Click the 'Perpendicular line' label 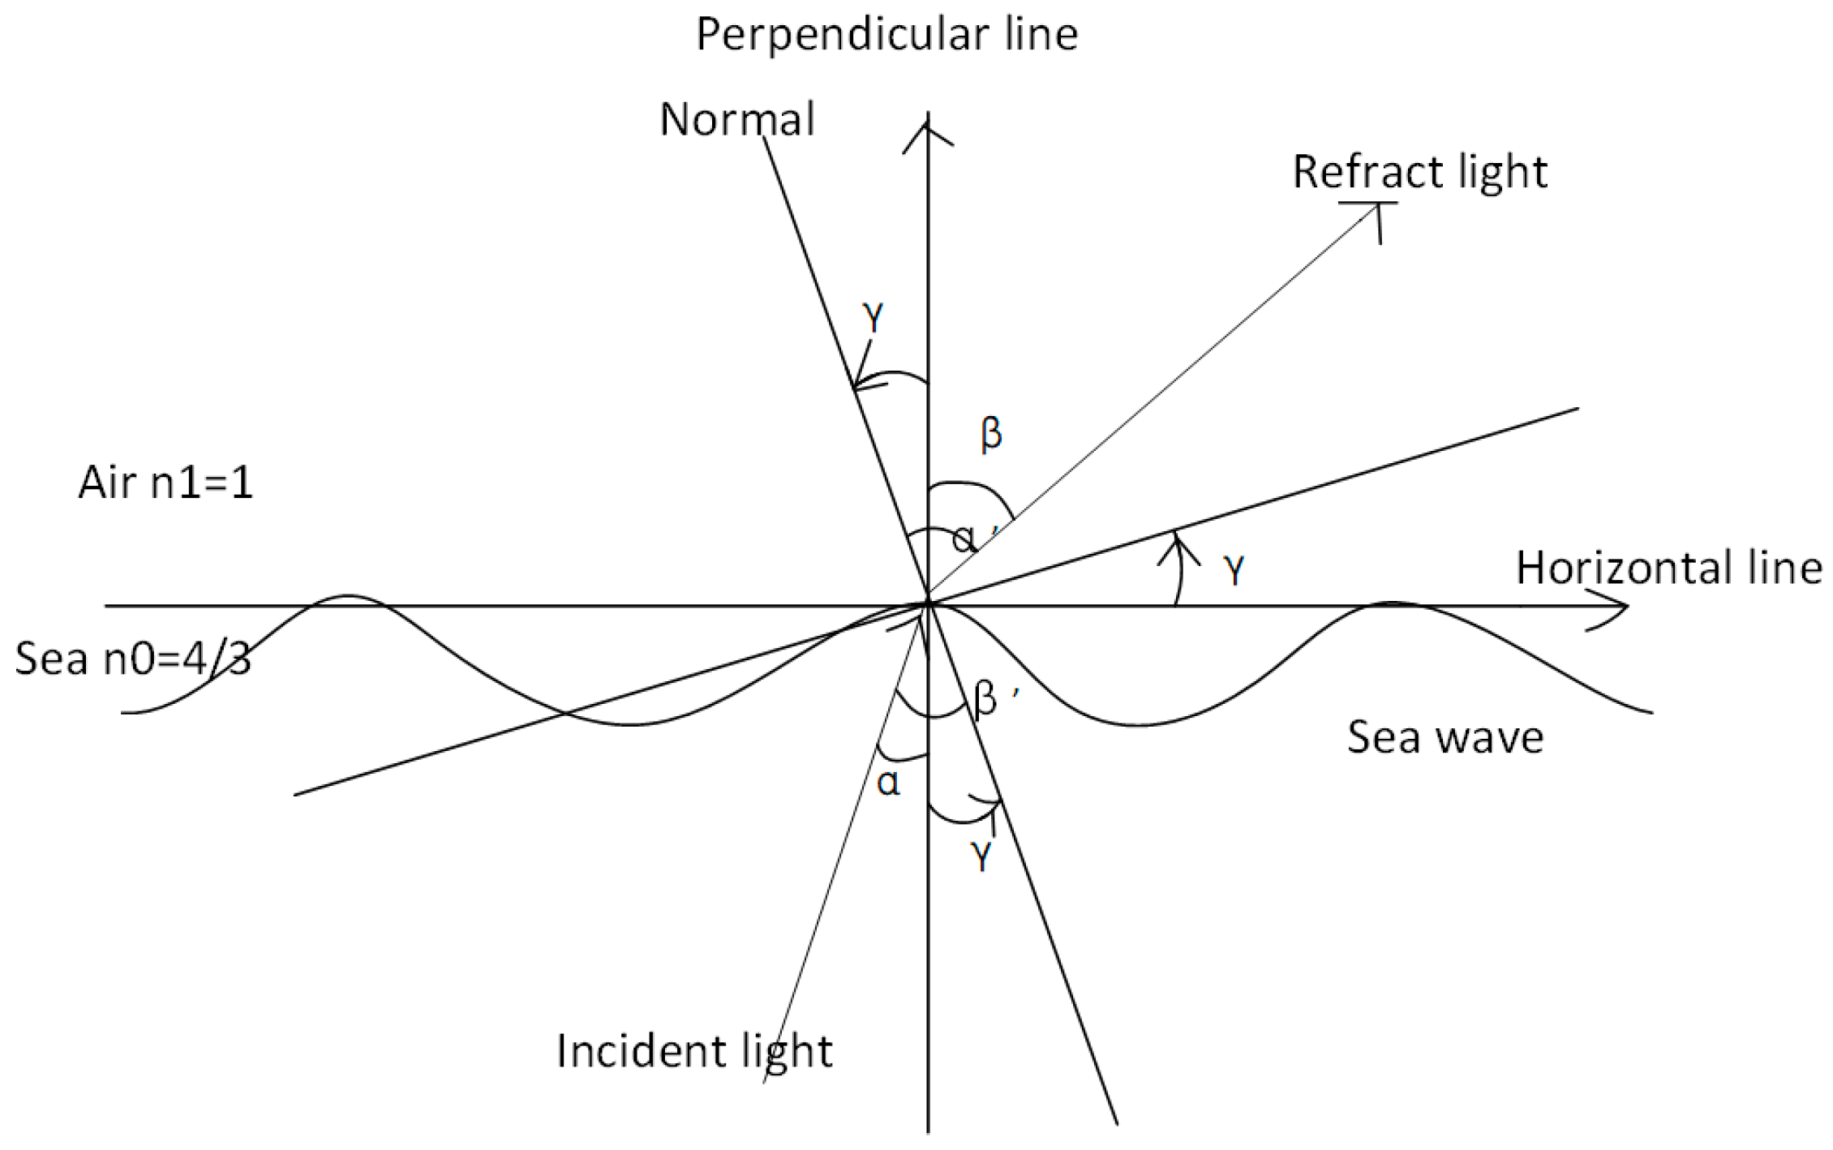coord(886,35)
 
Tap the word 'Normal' coord(736,119)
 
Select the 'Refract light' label coord(1419,172)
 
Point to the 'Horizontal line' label coord(1669,568)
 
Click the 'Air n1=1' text coord(165,483)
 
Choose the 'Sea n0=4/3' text coord(133,658)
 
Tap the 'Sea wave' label coord(1445,737)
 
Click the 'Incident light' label coord(694,1051)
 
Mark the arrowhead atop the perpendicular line coord(928,130)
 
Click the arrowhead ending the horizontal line coord(1618,606)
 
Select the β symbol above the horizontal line coord(991,433)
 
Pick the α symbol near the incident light coord(889,783)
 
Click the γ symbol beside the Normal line coord(873,318)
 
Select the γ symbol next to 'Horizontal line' coord(1234,571)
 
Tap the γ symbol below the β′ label coord(981,856)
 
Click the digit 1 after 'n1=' coord(243,483)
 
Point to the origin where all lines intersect coord(929,604)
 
